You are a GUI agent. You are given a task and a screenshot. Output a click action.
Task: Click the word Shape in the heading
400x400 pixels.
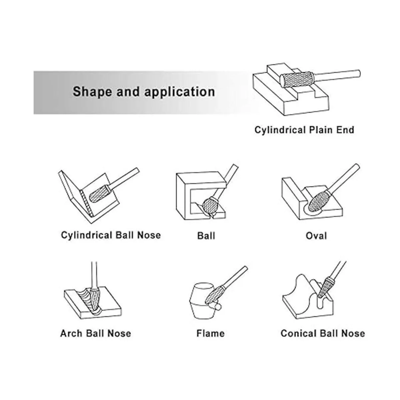(92, 92)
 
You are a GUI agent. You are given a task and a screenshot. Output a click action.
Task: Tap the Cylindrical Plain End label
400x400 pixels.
(304, 130)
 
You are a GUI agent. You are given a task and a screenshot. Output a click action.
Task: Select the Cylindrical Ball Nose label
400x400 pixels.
(111, 235)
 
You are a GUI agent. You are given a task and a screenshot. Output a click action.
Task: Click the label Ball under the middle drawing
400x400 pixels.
(206, 236)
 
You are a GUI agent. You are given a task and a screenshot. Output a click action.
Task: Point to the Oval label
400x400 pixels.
(316, 236)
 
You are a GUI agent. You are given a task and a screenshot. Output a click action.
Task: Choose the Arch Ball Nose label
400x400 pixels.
(95, 333)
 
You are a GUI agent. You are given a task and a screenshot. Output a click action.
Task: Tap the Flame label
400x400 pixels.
(210, 333)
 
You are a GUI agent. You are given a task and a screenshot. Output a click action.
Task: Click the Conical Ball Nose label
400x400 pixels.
(323, 333)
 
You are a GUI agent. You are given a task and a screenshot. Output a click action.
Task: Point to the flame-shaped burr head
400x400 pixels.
(215, 294)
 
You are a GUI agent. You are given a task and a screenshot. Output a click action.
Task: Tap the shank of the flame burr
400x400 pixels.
(235, 277)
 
